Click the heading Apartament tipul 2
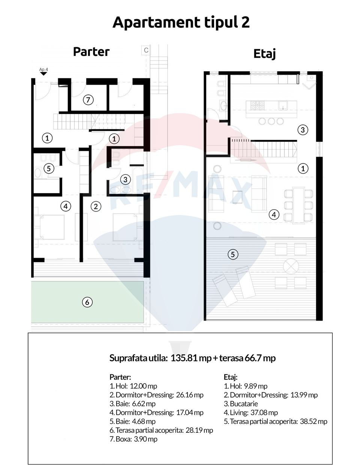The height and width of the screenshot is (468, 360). (181, 22)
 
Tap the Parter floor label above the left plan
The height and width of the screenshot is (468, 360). (91, 52)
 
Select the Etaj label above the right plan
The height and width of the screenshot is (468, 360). (264, 54)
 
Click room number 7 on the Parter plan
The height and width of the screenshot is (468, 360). (88, 100)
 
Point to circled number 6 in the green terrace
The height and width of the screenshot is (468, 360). (87, 302)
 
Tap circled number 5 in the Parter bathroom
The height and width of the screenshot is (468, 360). (48, 168)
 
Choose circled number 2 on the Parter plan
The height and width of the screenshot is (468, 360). (96, 206)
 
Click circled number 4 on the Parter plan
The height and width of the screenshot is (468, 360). (66, 206)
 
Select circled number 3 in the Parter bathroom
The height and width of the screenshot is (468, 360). (125, 179)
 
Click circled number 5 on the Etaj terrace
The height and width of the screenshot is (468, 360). (232, 254)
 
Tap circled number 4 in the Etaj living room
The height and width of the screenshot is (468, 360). (274, 215)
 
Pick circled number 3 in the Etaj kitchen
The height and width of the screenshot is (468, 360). (303, 130)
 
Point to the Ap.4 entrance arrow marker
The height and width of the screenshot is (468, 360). (43, 73)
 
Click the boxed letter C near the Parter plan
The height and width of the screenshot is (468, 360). (146, 50)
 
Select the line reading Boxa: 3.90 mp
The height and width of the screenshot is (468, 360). (133, 439)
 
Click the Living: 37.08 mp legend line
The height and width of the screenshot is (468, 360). (250, 412)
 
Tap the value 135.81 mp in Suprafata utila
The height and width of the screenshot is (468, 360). (191, 358)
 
